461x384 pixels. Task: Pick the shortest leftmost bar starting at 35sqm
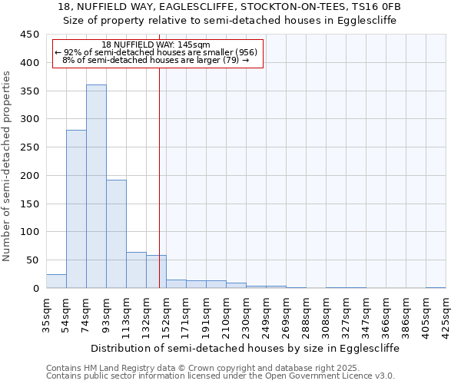point(56,281)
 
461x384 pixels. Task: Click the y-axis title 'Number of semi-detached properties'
point(8,167)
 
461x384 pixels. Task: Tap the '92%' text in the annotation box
point(71,52)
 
